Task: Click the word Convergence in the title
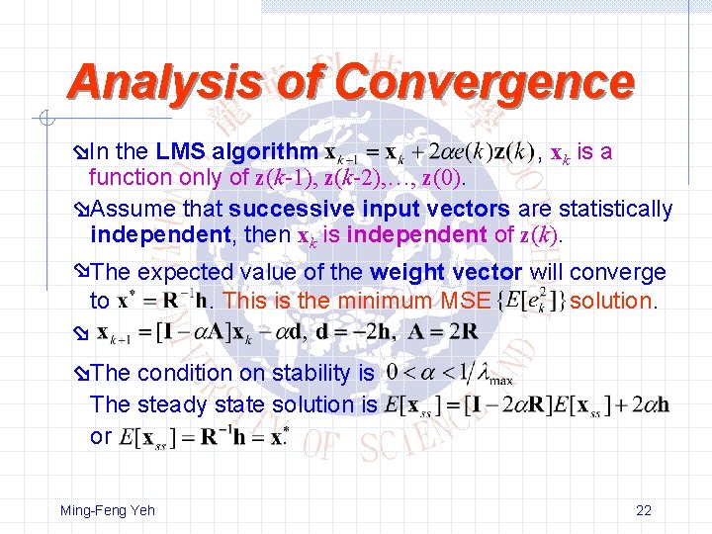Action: pyautogui.click(x=486, y=82)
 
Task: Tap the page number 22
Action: pyautogui.click(x=644, y=510)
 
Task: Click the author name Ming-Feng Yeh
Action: pyautogui.click(x=108, y=510)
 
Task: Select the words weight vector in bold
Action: pyautogui.click(x=447, y=272)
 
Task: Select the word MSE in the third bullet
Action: pyautogui.click(x=467, y=301)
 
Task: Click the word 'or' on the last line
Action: pyautogui.click(x=101, y=436)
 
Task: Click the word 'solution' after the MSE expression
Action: pyautogui.click(x=612, y=301)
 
